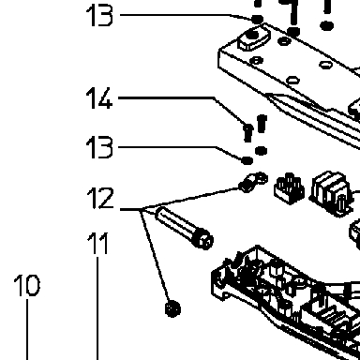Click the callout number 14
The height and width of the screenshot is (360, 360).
pyautogui.click(x=99, y=98)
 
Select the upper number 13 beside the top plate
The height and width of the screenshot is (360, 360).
pyautogui.click(x=99, y=15)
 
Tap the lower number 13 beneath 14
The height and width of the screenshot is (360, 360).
pyautogui.click(x=99, y=147)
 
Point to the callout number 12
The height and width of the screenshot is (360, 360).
pyautogui.click(x=100, y=198)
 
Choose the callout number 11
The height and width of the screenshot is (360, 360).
pyautogui.click(x=97, y=243)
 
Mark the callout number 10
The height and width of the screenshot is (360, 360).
pyautogui.click(x=27, y=285)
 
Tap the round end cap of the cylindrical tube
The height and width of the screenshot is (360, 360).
pyautogui.click(x=203, y=240)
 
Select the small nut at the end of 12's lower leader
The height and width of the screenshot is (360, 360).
pyautogui.click(x=172, y=308)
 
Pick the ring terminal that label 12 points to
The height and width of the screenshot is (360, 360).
pyautogui.click(x=253, y=182)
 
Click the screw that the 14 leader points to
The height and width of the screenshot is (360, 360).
pyautogui.click(x=247, y=132)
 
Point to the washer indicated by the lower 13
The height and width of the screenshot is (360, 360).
pyautogui.click(x=247, y=160)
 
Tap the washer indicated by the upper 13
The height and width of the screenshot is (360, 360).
pyautogui.click(x=258, y=20)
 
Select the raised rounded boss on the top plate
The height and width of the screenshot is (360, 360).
pyautogui.click(x=254, y=37)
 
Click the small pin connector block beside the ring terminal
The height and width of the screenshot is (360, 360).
pyautogui.click(x=289, y=188)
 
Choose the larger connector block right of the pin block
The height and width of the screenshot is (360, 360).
pyautogui.click(x=332, y=194)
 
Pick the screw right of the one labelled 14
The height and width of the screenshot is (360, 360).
pyautogui.click(x=262, y=124)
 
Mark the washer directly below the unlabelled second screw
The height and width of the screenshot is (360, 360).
pyautogui.click(x=261, y=151)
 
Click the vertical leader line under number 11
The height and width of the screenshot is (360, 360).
pyautogui.click(x=97, y=308)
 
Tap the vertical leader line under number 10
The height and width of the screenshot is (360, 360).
pyautogui.click(x=27, y=330)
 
